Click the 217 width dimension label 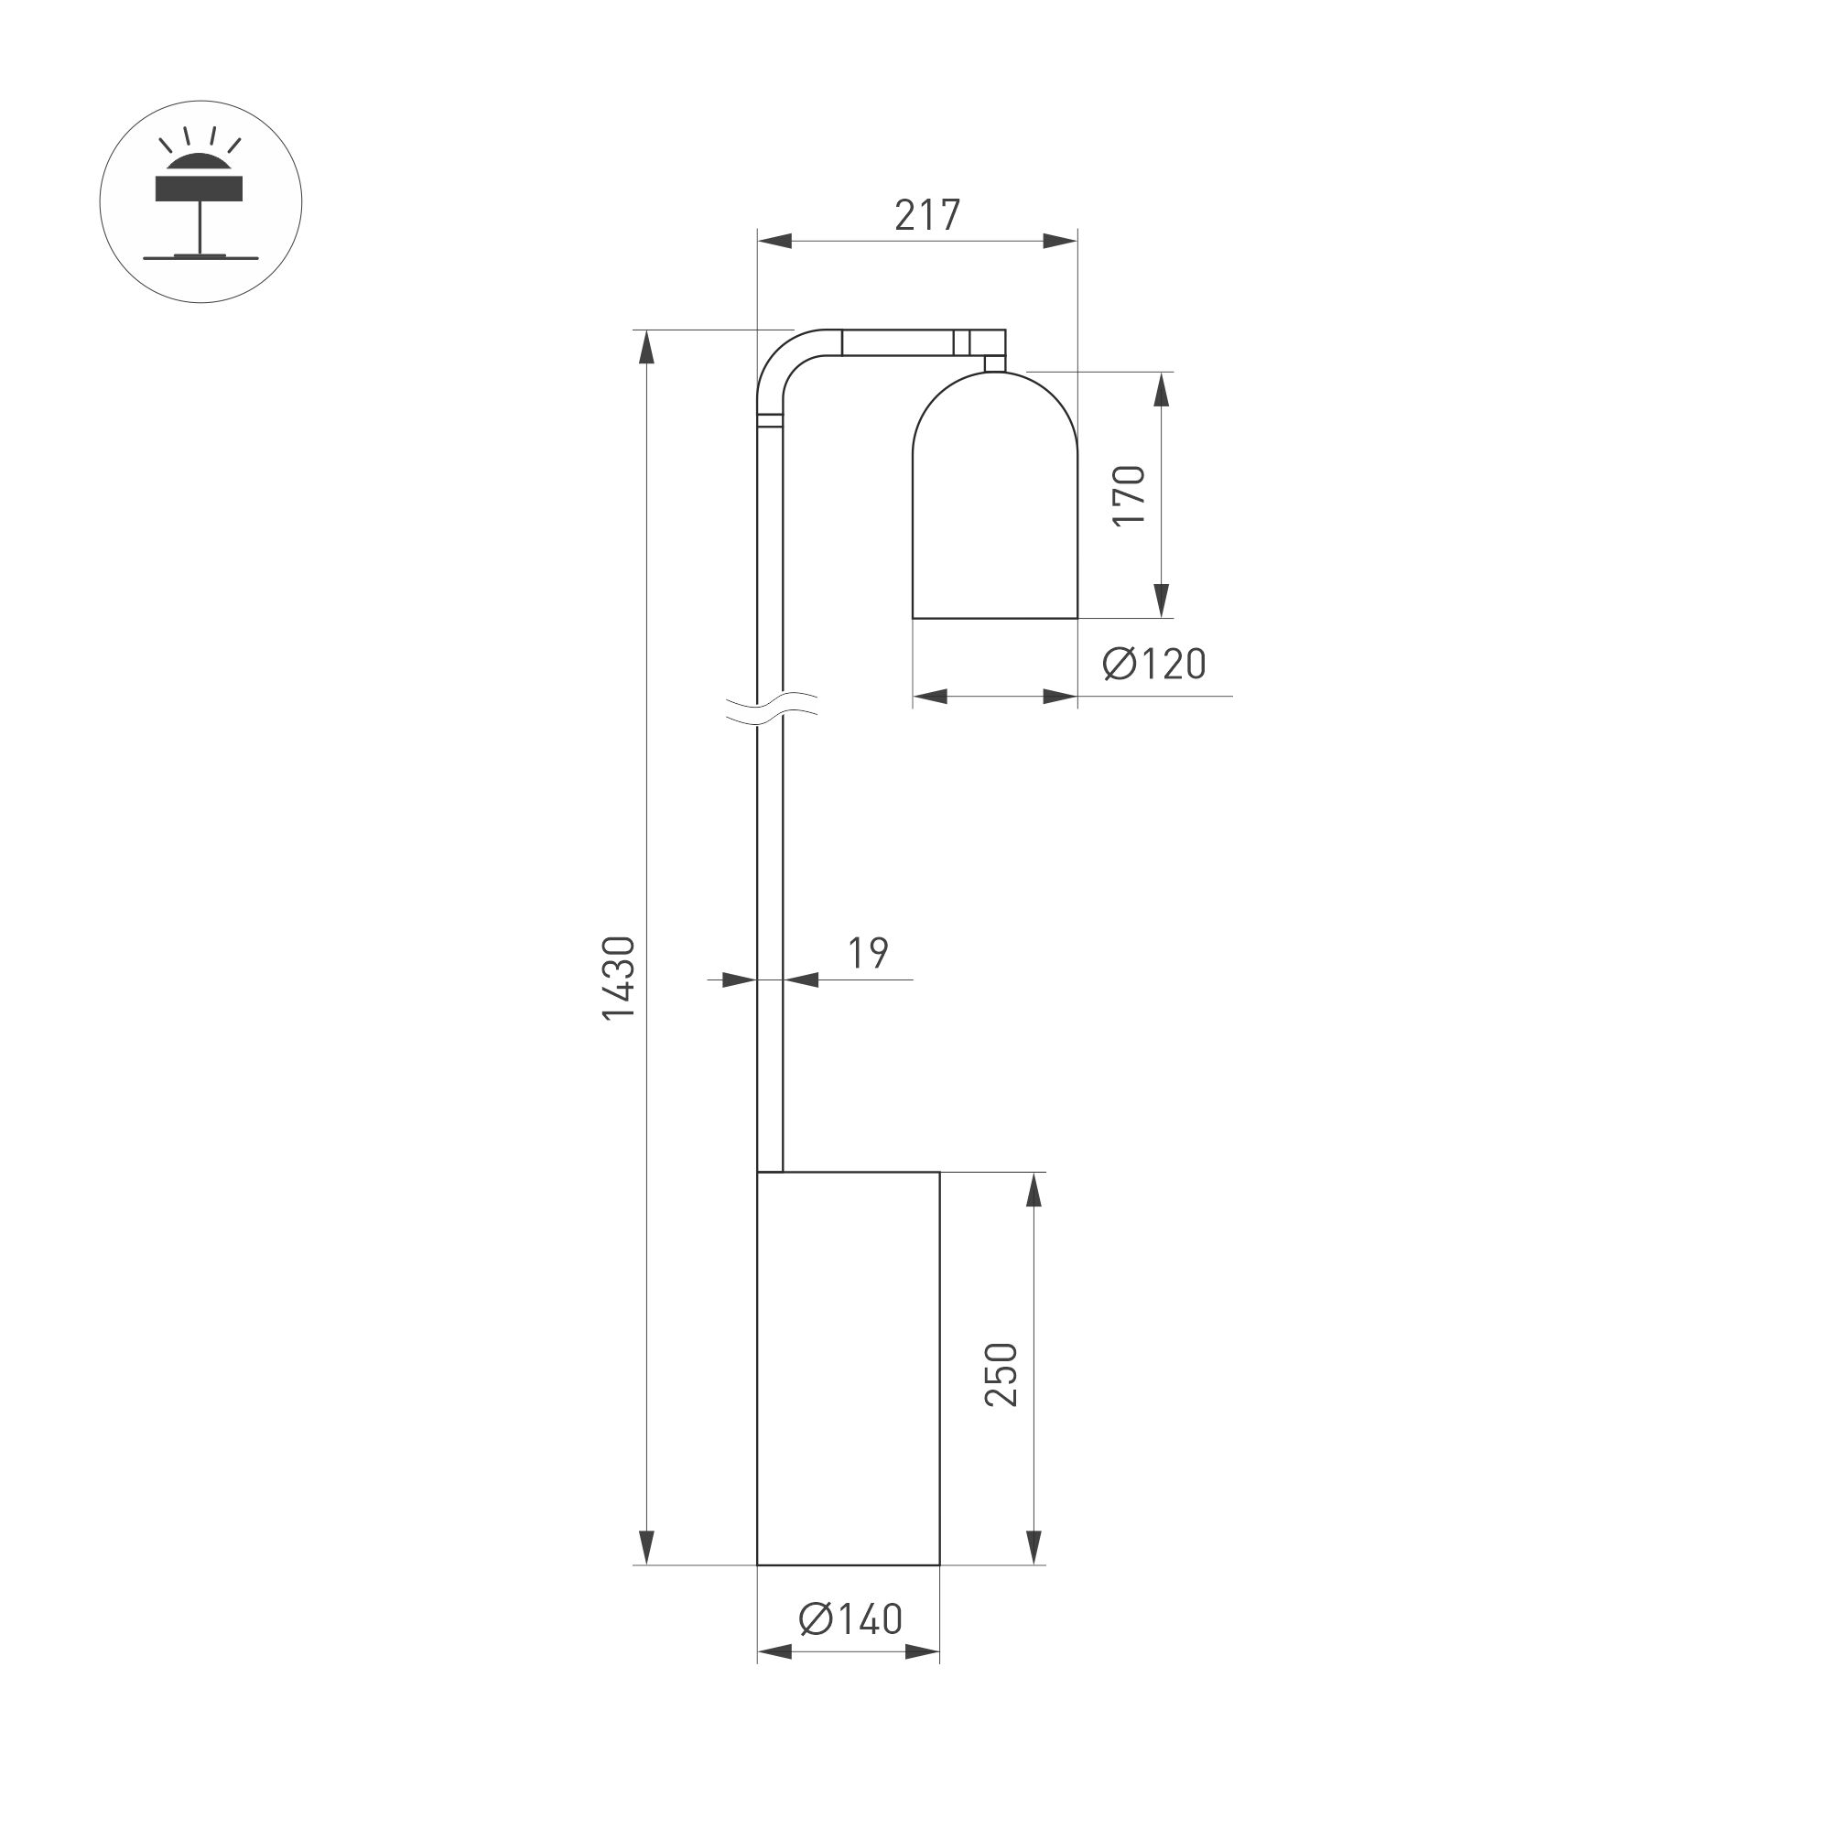[x=926, y=216]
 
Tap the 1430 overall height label [x=619, y=978]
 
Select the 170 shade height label [x=1130, y=495]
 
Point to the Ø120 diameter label [x=1154, y=664]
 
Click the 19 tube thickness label [x=867, y=953]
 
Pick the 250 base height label [x=1001, y=1374]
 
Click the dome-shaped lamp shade [x=995, y=502]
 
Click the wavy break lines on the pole [x=772, y=709]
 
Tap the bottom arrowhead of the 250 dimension [x=1034, y=1547]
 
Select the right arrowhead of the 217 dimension [x=1059, y=242]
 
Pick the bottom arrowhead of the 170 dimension [x=1163, y=601]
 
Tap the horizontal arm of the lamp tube [x=899, y=341]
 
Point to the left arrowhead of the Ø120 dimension [x=931, y=697]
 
